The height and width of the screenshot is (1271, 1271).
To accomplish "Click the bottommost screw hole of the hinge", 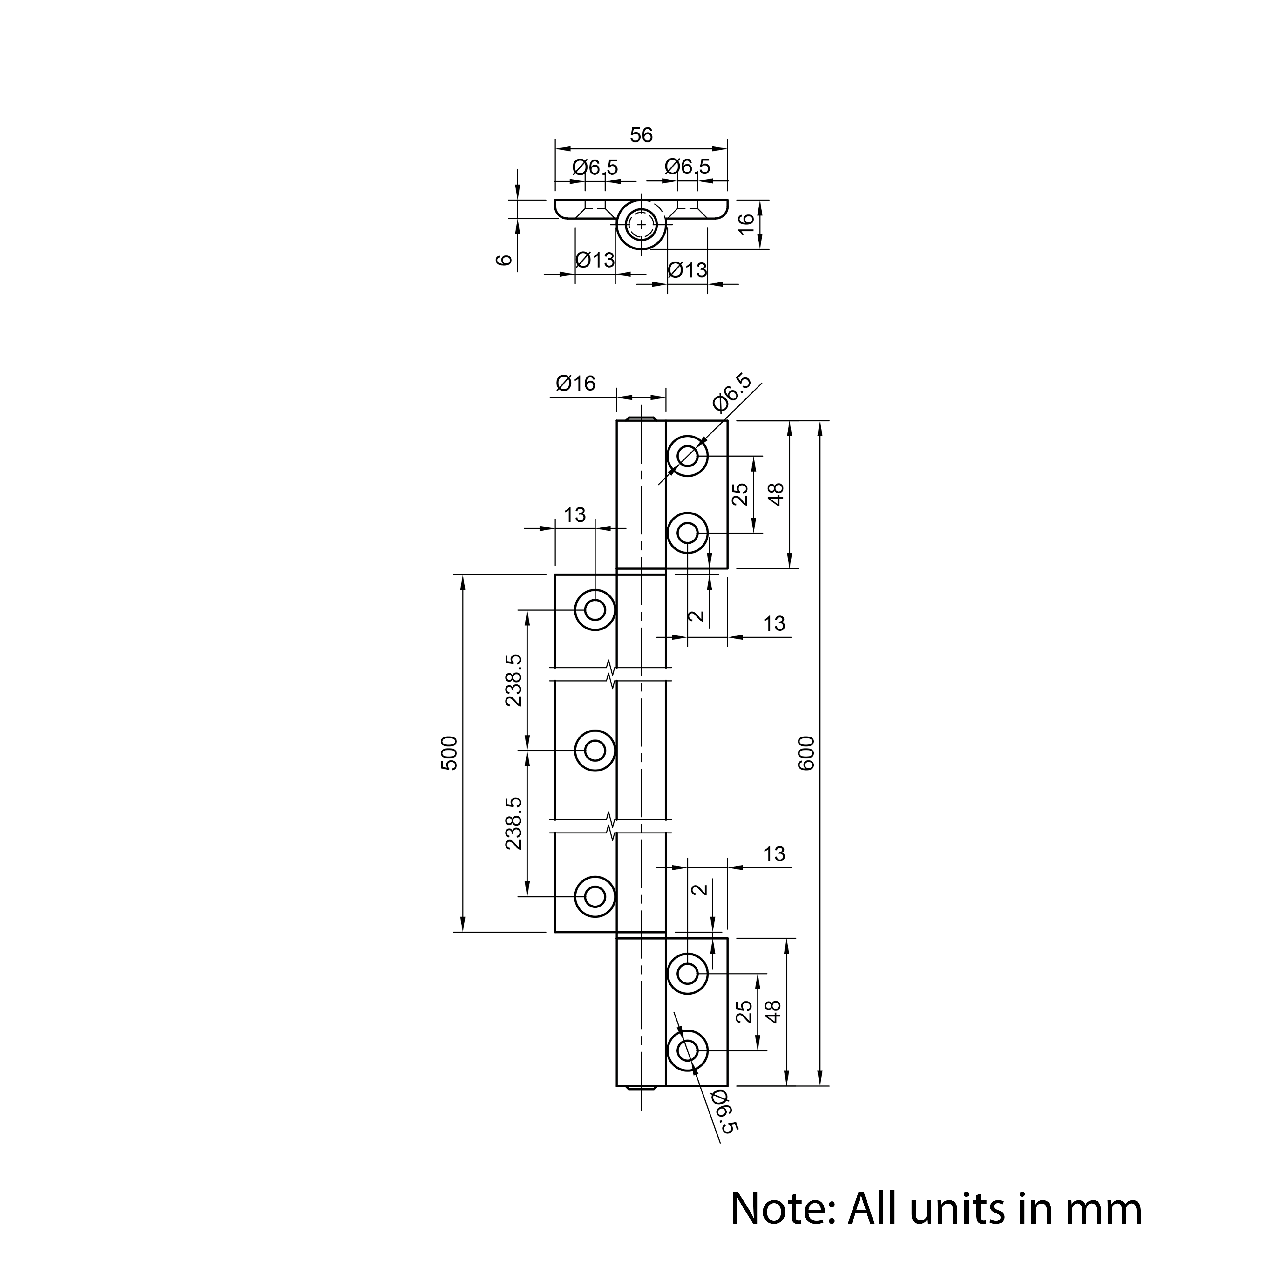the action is pyautogui.click(x=688, y=1050).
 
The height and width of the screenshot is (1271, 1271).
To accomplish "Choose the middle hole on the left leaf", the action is pyautogui.click(x=595, y=750).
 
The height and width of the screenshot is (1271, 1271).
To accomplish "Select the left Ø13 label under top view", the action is pyautogui.click(x=595, y=260).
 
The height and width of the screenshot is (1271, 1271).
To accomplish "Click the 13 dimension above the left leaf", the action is pyautogui.click(x=574, y=514).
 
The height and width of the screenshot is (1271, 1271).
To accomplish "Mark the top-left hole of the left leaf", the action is pyautogui.click(x=595, y=610).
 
